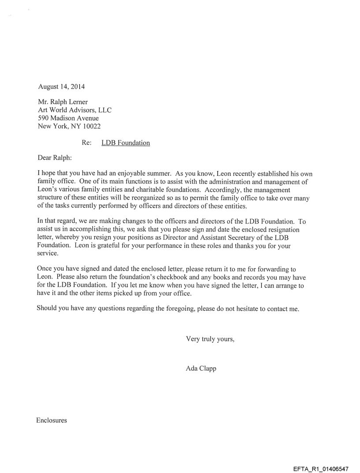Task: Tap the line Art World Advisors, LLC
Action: [x=75, y=110]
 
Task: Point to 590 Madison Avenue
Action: [x=68, y=118]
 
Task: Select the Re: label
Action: [x=86, y=143]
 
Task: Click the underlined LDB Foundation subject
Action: [x=126, y=143]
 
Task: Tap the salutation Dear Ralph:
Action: [x=55, y=157]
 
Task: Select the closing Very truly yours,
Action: [x=210, y=339]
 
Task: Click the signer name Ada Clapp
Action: [x=201, y=369]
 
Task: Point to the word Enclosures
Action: [x=52, y=420]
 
